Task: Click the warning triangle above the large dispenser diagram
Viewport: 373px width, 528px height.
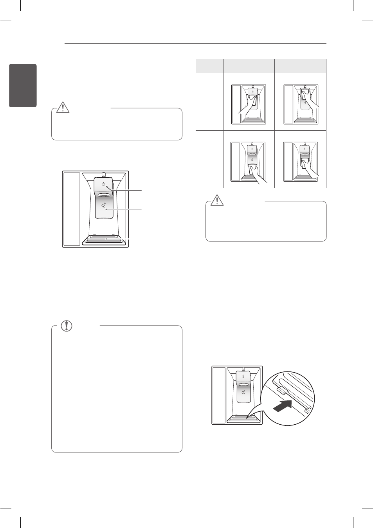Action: (63, 107)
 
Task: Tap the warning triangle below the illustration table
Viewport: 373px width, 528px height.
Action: (217, 200)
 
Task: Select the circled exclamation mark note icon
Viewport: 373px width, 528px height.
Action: (67, 326)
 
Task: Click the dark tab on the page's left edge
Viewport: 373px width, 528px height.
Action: (23, 85)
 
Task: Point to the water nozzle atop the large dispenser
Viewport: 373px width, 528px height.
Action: (104, 175)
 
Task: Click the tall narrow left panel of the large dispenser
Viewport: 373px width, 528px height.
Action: (72, 209)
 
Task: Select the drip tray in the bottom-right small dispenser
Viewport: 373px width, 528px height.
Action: (301, 178)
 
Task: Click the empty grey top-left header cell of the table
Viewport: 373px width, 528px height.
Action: (209, 66)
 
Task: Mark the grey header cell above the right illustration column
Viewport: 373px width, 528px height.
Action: (300, 66)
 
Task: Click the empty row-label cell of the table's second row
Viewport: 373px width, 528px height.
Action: (209, 159)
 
